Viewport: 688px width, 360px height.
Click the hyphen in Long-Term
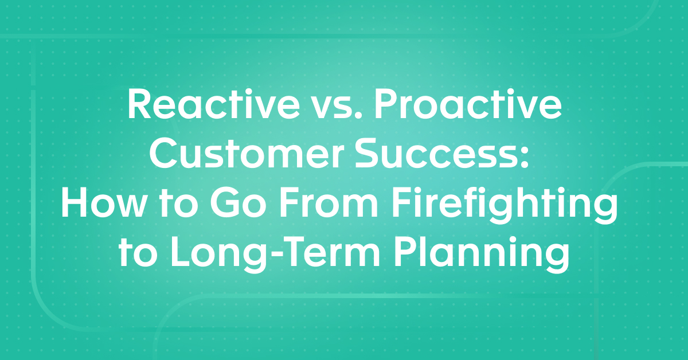[x=267, y=257]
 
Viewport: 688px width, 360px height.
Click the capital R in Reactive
[x=139, y=107]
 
